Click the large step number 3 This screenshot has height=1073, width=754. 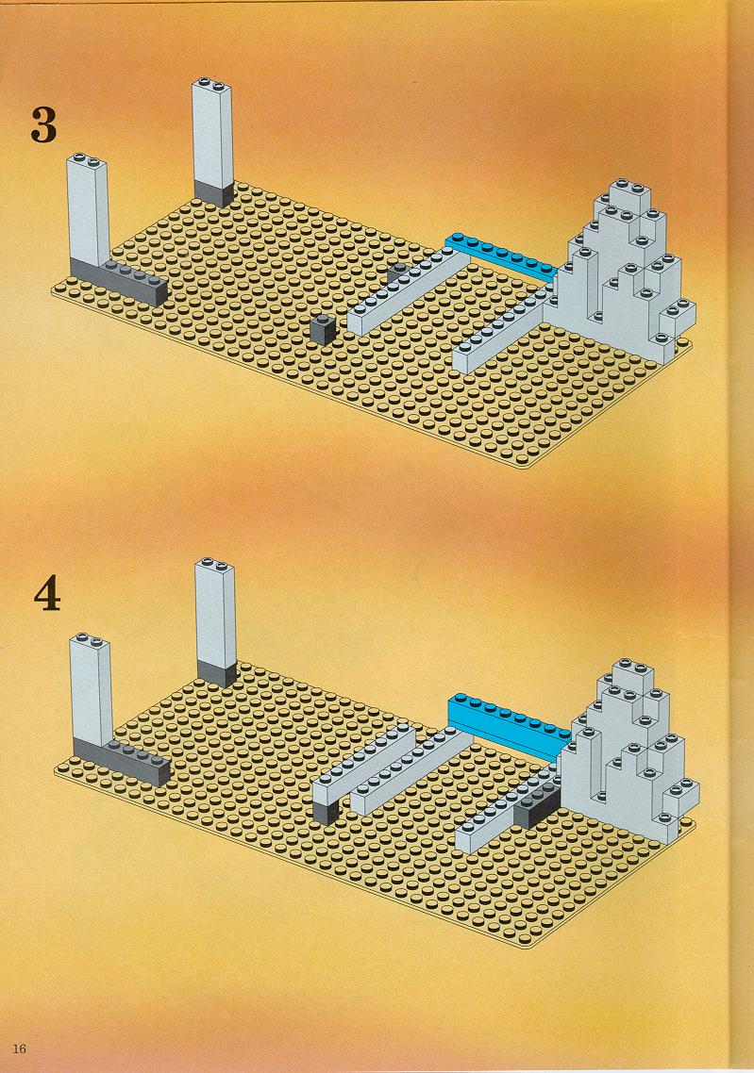point(43,124)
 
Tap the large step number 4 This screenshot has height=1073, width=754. point(46,595)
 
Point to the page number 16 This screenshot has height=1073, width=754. point(19,1048)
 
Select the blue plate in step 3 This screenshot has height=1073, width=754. point(500,256)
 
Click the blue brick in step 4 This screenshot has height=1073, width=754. point(509,725)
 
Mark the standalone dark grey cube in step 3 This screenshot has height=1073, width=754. point(322,330)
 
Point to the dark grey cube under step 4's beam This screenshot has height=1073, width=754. point(326,812)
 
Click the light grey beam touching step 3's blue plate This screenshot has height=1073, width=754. point(402,291)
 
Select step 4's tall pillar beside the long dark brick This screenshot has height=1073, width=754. point(92,690)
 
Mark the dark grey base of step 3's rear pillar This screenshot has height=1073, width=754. point(213,193)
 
